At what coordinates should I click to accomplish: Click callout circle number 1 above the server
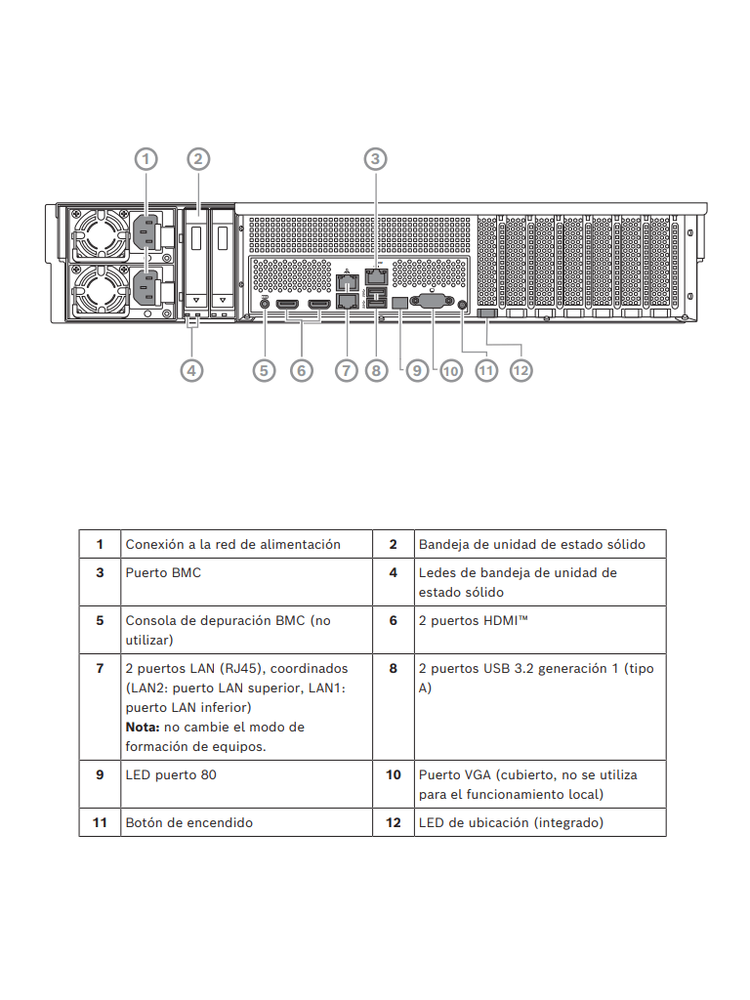(146, 158)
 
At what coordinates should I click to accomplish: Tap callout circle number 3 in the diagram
(376, 158)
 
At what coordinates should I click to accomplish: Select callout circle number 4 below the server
(193, 370)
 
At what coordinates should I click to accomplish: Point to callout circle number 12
(521, 370)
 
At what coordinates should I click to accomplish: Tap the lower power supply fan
(99, 291)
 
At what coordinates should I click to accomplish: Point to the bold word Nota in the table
(143, 727)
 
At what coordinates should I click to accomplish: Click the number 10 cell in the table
(394, 774)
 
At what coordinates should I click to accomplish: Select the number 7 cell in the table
(100, 668)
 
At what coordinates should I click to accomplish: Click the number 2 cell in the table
(394, 544)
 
